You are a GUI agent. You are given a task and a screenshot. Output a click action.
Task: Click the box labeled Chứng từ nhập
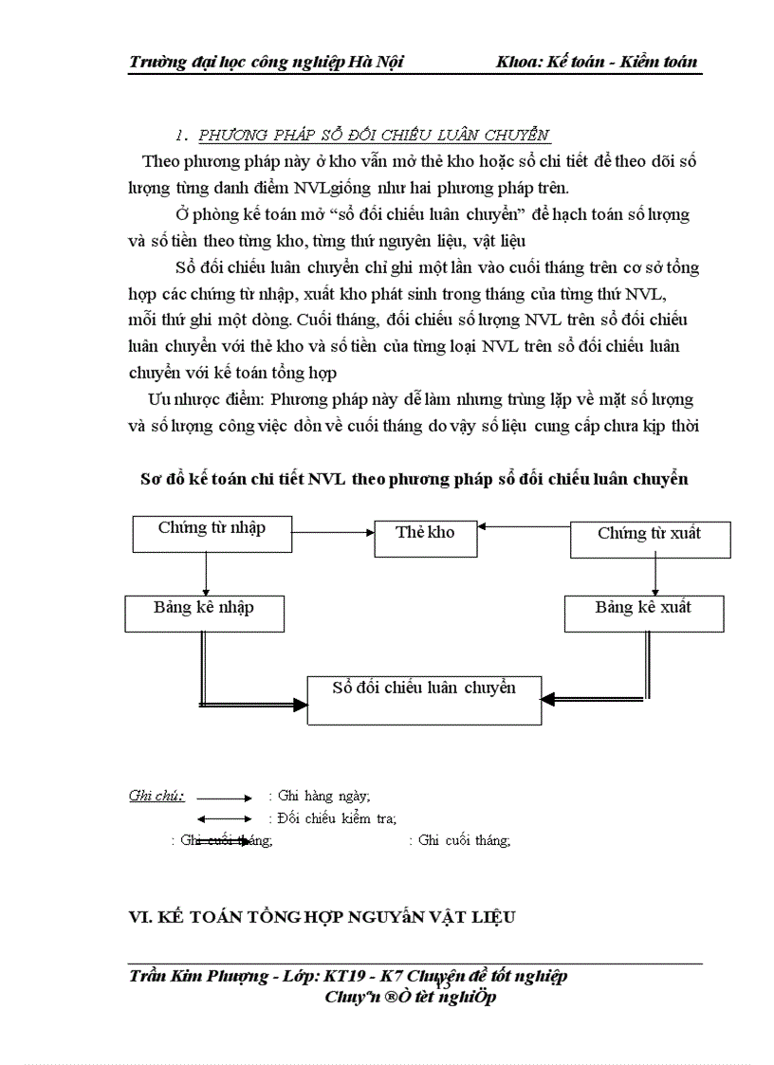[212, 533]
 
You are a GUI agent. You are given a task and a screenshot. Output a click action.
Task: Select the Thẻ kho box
[425, 537]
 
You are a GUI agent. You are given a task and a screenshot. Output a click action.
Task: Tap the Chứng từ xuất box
[650, 538]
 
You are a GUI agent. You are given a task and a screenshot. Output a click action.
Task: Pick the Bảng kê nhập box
[204, 613]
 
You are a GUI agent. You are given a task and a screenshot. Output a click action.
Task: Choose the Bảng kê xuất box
[644, 613]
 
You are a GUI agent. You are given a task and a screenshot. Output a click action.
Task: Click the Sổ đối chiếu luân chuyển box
[424, 699]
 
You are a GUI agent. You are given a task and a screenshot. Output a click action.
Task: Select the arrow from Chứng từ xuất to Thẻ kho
[524, 525]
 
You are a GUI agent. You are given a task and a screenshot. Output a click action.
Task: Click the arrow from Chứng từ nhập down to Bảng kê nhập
[206, 573]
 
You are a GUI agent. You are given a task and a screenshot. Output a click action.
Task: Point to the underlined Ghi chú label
[157, 796]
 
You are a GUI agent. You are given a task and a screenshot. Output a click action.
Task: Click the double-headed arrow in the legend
[224, 818]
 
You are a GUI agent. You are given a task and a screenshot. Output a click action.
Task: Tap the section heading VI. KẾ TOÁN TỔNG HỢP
[327, 917]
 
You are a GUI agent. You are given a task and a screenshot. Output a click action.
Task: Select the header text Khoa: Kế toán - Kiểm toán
[596, 62]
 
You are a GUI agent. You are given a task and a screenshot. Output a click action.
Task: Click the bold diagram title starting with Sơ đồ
[415, 480]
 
